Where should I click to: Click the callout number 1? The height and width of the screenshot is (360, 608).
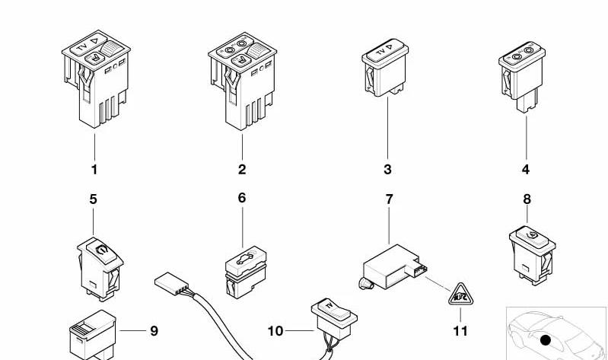[x=94, y=170]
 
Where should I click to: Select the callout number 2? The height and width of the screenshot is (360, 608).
[x=242, y=170]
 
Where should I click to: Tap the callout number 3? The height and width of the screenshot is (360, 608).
[x=387, y=170]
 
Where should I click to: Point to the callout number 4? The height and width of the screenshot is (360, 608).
[x=525, y=170]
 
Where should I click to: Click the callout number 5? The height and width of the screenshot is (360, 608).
[x=93, y=199]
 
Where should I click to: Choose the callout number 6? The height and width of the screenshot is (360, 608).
[x=242, y=198]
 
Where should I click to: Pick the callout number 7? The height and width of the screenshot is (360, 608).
[x=389, y=199]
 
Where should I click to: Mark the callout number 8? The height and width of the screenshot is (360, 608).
[x=527, y=199]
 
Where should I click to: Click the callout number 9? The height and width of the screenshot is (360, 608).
[x=154, y=331]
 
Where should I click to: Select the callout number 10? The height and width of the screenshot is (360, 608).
[x=275, y=331]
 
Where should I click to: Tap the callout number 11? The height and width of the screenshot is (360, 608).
[x=460, y=331]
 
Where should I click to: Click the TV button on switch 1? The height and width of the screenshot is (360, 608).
[x=88, y=44]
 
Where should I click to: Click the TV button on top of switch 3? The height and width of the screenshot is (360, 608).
[x=384, y=50]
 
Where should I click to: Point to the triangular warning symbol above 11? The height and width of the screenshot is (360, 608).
[x=460, y=295]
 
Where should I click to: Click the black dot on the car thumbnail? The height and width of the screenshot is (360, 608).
[x=545, y=340]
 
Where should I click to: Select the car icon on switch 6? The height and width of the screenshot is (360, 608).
[x=245, y=258]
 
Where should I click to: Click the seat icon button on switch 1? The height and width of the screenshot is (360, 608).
[x=94, y=59]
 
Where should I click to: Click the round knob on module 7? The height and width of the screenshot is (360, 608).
[x=366, y=285]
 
